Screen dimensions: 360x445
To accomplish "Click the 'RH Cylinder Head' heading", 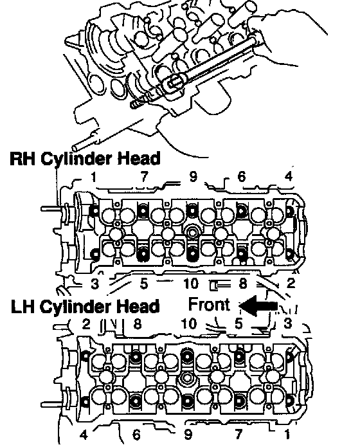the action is point(85,158).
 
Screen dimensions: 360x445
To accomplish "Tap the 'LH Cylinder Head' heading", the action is point(85,307).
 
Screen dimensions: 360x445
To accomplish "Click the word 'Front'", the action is point(209,304).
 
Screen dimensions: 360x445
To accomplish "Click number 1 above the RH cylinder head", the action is point(94,177).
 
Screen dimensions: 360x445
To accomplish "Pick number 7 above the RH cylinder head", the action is point(144,177).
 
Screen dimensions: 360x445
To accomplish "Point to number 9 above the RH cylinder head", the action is point(193,177).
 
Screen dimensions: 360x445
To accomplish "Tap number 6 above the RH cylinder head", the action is point(241,177).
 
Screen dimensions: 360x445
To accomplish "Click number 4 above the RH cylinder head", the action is point(288,176).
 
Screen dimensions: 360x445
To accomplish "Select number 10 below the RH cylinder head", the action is point(191,283).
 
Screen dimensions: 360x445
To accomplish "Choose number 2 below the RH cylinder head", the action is point(291,283).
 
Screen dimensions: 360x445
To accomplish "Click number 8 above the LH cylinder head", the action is point(138,324).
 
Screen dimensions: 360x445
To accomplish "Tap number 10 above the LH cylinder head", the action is point(188,323).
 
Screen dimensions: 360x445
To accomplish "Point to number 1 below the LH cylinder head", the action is point(287,434).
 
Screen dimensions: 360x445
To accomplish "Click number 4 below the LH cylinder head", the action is point(84,435).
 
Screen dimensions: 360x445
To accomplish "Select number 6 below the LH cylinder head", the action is point(136,435).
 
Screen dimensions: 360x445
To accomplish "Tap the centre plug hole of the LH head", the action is point(186,378).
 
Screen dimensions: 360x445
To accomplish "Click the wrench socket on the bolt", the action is point(172,84).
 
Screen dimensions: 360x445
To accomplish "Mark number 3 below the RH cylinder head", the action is point(94,284).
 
